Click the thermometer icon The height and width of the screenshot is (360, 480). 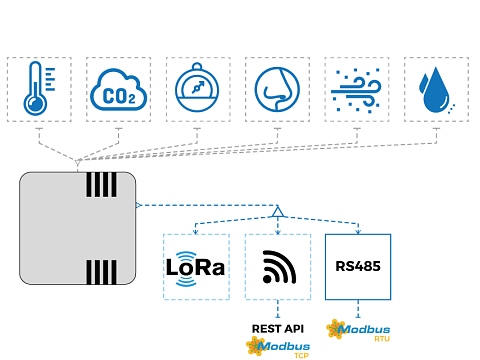tap(39, 88)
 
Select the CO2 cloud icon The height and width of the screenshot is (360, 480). tap(118, 90)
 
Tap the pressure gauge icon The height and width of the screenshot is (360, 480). tap(197, 88)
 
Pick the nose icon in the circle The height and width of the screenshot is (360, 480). tap(277, 89)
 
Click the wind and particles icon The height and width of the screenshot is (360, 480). tap(356, 90)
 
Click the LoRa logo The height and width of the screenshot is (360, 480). tap(196, 268)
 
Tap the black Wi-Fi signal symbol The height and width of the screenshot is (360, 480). tap(279, 267)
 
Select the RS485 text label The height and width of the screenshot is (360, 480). tap(358, 266)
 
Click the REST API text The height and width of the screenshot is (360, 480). tap(278, 329)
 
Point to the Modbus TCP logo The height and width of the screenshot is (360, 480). tap(278, 347)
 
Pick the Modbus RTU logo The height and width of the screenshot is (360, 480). tap(358, 330)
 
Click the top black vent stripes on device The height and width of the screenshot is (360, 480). tap(101, 184)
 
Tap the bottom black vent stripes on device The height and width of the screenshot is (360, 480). tap(101, 272)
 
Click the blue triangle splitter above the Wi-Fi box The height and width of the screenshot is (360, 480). tap(278, 212)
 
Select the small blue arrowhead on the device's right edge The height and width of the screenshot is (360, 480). tap(139, 205)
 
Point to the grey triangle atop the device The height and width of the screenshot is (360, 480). tap(78, 163)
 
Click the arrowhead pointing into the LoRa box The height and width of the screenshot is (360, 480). tap(196, 231)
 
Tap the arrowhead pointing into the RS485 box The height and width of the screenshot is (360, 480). tap(358, 231)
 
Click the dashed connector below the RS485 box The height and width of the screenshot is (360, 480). tap(358, 309)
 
